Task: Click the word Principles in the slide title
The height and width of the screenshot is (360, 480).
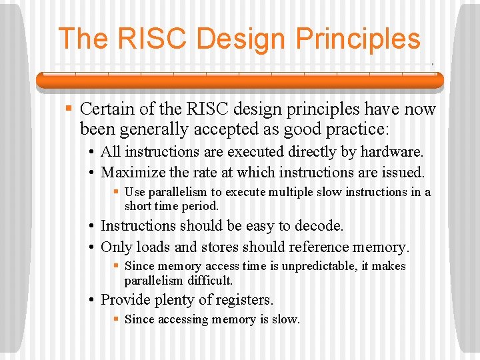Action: pyautogui.click(x=357, y=39)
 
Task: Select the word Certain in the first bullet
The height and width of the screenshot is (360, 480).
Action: pyautogui.click(x=107, y=109)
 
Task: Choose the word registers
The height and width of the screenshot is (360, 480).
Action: pyautogui.click(x=243, y=301)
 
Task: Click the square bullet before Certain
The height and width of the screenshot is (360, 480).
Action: pyautogui.click(x=67, y=109)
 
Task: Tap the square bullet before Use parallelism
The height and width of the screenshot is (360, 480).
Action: pyautogui.click(x=117, y=192)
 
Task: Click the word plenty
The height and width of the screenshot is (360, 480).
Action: pyautogui.click(x=178, y=301)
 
